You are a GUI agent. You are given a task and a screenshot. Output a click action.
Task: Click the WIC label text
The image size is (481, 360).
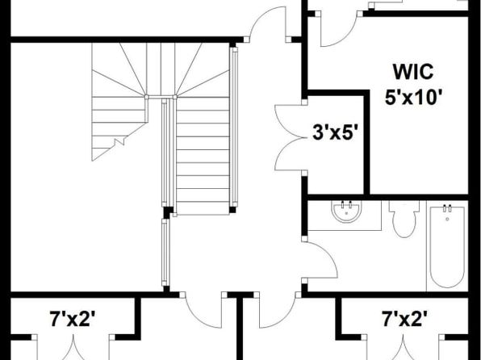coord(413,73)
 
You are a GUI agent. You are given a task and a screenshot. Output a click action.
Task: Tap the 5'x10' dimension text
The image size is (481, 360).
coord(413,98)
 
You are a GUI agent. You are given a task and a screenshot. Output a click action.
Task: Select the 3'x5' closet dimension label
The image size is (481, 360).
coord(336,133)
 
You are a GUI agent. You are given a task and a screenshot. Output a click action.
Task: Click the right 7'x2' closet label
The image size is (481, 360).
coord(404,319)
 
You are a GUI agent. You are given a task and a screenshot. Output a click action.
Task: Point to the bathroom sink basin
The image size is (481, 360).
coord(347,211)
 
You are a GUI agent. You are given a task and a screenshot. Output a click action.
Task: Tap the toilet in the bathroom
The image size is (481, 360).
coord(404,219)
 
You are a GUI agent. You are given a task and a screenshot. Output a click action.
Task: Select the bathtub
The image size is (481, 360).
coord(447,246)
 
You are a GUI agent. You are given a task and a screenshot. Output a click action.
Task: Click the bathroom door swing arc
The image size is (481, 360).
coord(328,255)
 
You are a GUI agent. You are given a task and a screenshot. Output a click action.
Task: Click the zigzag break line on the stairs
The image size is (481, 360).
coord(119,142)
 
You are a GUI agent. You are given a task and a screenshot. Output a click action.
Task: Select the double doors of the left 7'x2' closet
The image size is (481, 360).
coord(73,349)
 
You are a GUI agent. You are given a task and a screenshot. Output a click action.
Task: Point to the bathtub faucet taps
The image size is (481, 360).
coord(447,208)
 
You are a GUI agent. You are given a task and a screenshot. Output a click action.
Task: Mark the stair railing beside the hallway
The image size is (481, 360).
coord(235,127)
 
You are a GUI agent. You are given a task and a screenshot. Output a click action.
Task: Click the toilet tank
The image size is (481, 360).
coord(404,207)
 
